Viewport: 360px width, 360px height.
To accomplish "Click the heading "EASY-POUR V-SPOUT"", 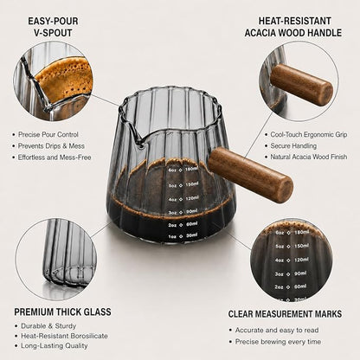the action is pos(53,27).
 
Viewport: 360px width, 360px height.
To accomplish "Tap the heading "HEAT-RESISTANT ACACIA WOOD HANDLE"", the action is pos(293,27).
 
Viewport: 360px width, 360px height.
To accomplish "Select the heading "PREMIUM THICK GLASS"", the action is pos(62,312).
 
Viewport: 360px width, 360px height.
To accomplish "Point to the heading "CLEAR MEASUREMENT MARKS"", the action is pos(285,314).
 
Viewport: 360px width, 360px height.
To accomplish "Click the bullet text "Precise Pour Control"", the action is pos(48,135).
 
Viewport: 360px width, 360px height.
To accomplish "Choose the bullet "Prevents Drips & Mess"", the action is pos(51,146).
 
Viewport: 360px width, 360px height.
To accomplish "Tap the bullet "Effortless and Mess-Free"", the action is pos(55,157).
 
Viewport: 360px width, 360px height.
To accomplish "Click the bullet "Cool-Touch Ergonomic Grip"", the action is pos(309,135).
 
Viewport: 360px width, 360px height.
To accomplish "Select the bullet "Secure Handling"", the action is pos(293,146).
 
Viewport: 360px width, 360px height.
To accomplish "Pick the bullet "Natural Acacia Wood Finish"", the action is pos(309,157).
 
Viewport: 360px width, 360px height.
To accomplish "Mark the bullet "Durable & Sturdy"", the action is pos(48,326).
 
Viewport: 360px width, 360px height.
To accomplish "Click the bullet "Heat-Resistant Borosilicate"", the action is pos(64,336).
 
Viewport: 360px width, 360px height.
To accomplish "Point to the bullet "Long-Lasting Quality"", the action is pos(55,345).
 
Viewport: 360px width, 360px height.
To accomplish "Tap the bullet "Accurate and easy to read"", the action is pos(277,330).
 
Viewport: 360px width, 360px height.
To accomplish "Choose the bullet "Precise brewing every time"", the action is pos(278,342).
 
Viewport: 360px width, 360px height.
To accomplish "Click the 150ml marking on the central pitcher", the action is pos(191,184).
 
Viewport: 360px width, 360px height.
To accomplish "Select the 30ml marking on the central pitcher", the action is pos(192,235).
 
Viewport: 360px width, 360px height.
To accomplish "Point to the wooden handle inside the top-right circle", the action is pos(302,84).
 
